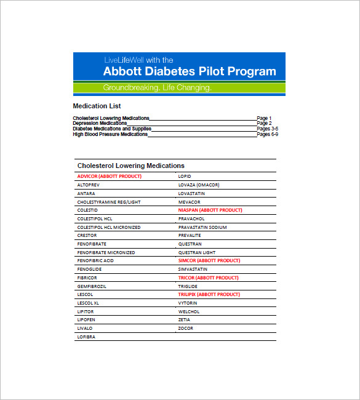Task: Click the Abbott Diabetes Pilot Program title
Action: (190, 71)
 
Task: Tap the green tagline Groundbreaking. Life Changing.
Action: (157, 88)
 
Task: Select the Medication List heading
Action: (97, 106)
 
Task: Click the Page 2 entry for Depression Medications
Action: (264, 123)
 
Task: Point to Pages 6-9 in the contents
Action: (268, 134)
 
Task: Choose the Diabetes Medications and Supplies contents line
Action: (112, 129)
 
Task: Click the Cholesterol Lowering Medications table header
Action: (130, 166)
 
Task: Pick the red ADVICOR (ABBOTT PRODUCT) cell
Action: (109, 176)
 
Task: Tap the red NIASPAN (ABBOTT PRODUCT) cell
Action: (210, 210)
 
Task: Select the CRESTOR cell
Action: (87, 235)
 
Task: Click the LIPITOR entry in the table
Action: (86, 311)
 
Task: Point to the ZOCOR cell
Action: (185, 328)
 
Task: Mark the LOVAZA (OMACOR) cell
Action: (199, 185)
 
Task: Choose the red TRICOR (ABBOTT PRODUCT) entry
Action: (208, 278)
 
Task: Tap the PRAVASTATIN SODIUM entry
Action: (202, 227)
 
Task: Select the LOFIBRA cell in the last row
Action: (87, 337)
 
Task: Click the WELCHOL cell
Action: (189, 311)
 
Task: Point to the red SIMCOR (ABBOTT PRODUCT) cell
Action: (209, 260)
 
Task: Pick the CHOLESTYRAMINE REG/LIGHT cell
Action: (108, 202)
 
